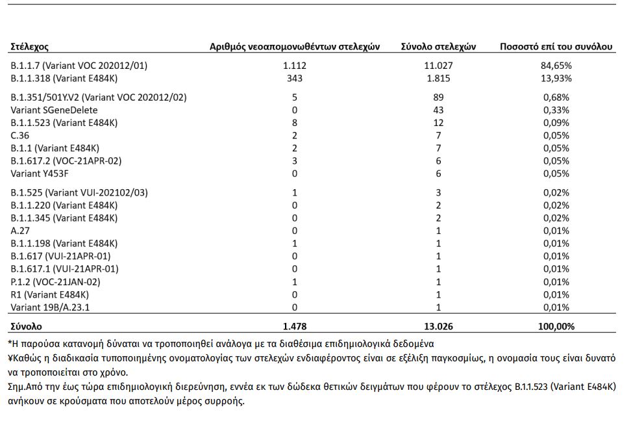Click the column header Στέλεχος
pos(30,47)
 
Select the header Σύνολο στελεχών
pos(438,47)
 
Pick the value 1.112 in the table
pos(295,66)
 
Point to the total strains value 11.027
pos(438,66)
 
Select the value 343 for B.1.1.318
pos(295,79)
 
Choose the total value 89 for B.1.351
pos(438,97)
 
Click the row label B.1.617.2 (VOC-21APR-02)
pos(66,161)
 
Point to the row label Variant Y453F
pos(40,173)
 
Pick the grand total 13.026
pos(438,327)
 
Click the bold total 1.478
pos(295,327)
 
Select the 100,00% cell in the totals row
pos(558,327)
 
